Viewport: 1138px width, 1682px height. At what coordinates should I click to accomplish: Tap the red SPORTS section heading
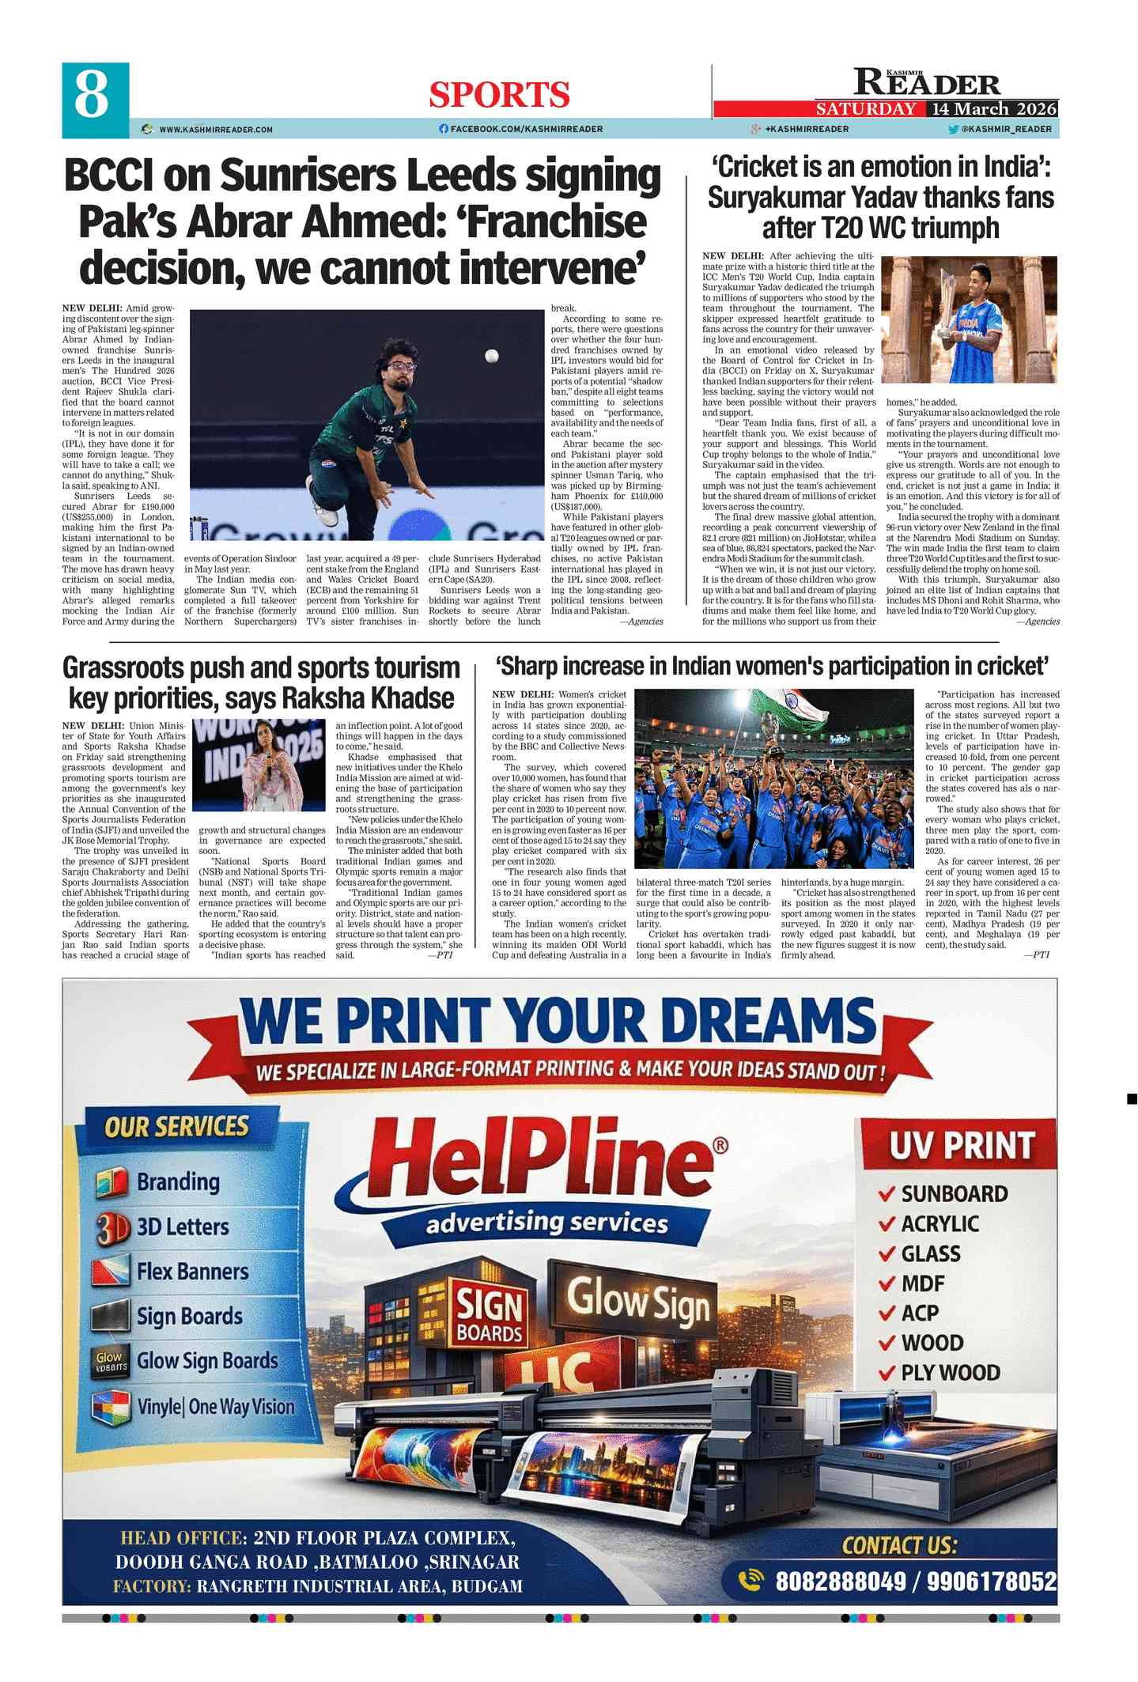[499, 96]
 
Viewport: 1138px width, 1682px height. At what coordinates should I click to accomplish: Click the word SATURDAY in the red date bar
[866, 109]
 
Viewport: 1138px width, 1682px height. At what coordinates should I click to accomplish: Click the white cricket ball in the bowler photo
[491, 357]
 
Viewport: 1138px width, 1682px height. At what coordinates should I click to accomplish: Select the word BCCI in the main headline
[108, 176]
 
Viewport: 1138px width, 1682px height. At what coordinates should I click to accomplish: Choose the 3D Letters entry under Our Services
[183, 1227]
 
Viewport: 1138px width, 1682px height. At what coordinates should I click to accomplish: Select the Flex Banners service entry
[192, 1272]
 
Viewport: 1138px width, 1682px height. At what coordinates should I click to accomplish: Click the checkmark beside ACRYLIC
[887, 1225]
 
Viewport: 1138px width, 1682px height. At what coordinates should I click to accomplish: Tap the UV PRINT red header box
[960, 1145]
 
